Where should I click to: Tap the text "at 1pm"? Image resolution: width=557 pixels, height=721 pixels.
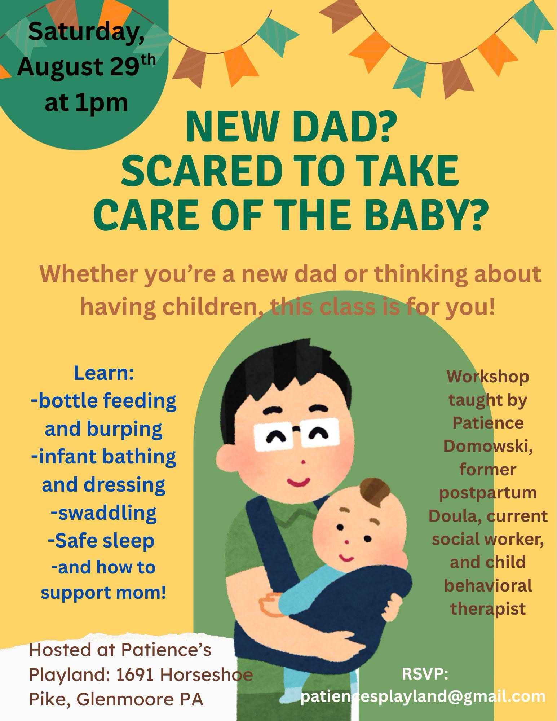point(87,102)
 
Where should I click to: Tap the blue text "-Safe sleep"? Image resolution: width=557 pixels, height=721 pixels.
point(101,540)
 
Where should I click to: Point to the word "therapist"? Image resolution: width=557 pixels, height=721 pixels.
point(488,608)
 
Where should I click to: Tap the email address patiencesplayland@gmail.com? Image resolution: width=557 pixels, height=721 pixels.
point(423,697)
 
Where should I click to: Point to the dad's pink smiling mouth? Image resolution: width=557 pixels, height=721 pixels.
point(299,480)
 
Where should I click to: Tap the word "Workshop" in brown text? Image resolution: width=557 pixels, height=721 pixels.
point(488,377)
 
